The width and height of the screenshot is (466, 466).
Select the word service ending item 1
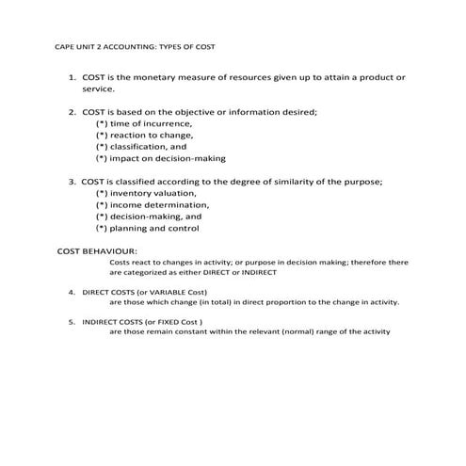[97, 88]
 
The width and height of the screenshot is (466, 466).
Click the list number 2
[71, 112]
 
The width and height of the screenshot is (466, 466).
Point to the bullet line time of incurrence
[144, 123]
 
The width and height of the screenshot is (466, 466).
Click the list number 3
[71, 182]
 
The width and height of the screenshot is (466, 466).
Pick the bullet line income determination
[152, 204]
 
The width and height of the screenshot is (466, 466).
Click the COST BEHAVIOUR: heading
[97, 251]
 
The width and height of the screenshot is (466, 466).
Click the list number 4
[72, 293]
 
